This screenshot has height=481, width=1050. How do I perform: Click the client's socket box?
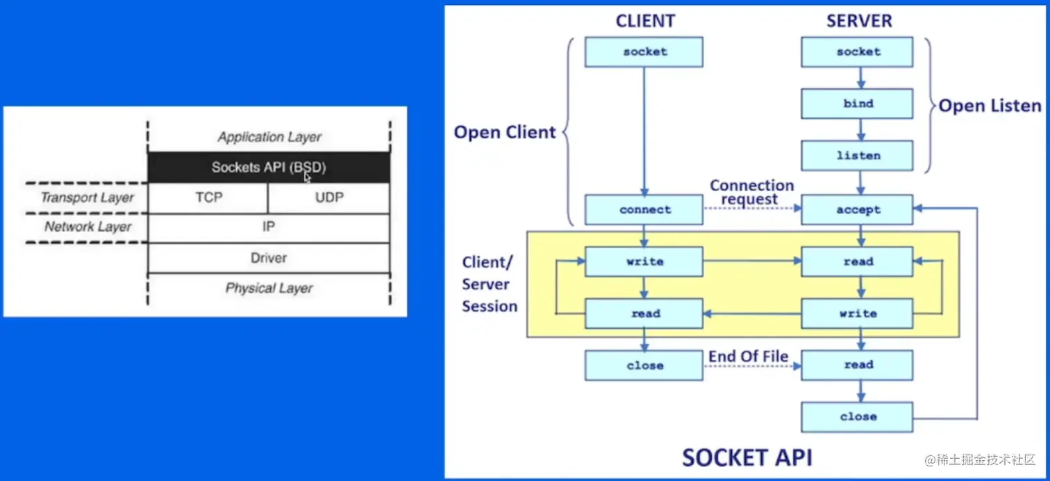pos(644,52)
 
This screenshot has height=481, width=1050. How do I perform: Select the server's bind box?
pos(857,104)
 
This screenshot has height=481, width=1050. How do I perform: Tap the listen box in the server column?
pos(857,156)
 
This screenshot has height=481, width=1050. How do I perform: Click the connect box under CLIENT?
pos(644,209)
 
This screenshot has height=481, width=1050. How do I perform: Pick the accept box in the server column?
pos(857,209)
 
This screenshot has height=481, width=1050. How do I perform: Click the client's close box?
pos(644,366)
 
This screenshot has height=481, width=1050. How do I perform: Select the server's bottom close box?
pos(857,417)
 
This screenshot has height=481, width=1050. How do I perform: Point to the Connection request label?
pos(751,193)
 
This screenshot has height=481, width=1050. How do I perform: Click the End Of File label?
pos(748,357)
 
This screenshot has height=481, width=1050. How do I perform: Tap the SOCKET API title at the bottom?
pos(747,457)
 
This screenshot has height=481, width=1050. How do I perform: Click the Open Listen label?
pos(990,106)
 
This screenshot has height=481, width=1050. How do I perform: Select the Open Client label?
pos(505,132)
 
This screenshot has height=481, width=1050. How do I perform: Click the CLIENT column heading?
pos(645,21)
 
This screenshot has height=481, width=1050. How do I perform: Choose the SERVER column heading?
pos(858,21)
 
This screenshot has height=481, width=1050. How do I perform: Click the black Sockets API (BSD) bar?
pos(269,168)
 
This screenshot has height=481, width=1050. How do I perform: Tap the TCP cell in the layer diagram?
pos(208,197)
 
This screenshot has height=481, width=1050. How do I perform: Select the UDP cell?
pos(328,197)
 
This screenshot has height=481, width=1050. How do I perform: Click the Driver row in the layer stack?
pos(269,258)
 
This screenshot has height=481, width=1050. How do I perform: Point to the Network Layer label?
pos(87,227)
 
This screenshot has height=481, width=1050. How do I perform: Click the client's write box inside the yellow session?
pos(644,261)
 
